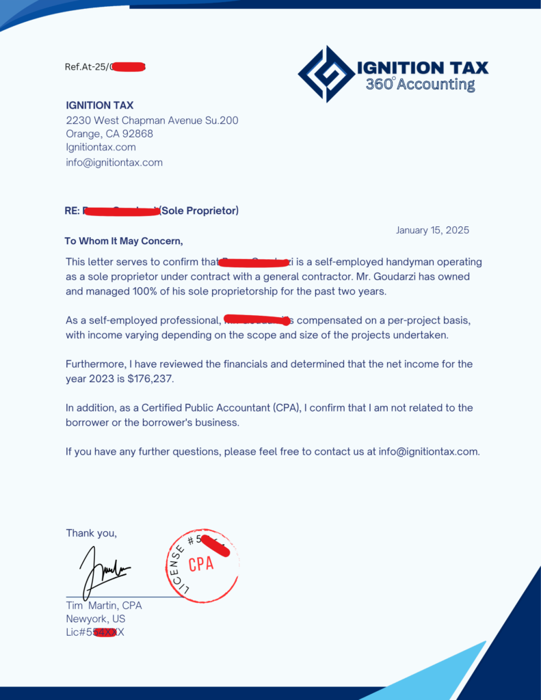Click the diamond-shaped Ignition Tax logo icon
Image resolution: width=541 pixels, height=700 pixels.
[326, 74]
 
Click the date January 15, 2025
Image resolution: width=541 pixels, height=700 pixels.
[432, 230]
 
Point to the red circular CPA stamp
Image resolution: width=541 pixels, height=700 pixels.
[203, 565]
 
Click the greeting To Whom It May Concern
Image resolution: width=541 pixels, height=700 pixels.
[124, 241]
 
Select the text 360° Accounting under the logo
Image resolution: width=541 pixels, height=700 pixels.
[420, 85]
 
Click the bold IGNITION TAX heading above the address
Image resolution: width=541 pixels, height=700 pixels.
[100, 105]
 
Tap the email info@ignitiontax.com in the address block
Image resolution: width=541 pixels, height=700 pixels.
[114, 163]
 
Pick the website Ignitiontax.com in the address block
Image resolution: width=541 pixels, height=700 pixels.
[101, 147]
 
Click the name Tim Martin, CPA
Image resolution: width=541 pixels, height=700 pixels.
[104, 605]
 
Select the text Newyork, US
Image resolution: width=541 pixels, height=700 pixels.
[96, 619]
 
